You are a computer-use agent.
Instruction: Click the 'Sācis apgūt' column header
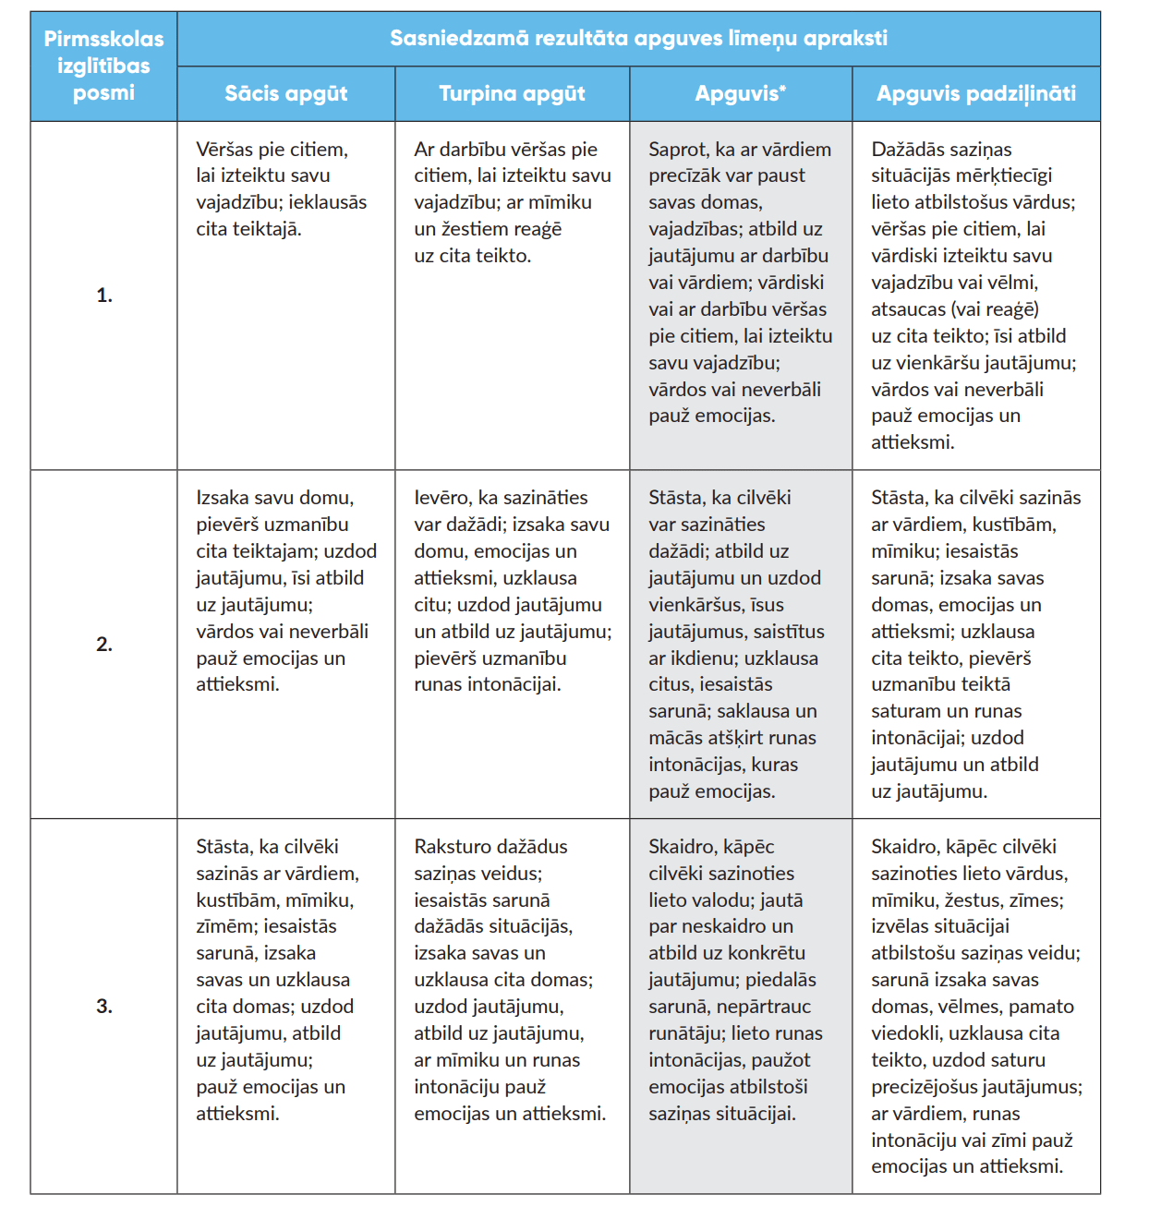pyautogui.click(x=286, y=93)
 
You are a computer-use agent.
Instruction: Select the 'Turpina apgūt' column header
pyautogui.click(x=512, y=93)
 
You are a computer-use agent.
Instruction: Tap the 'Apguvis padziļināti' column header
pyautogui.click(x=976, y=93)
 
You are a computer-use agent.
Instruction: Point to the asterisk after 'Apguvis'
pyautogui.click(x=782, y=89)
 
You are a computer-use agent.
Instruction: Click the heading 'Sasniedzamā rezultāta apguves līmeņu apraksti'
pyautogui.click(x=638, y=39)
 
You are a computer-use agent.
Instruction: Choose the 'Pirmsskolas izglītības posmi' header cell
pyautogui.click(x=103, y=66)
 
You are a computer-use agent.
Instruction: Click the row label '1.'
pyautogui.click(x=104, y=296)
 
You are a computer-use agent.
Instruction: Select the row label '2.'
pyautogui.click(x=104, y=645)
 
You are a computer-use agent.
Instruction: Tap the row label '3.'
pyautogui.click(x=104, y=1007)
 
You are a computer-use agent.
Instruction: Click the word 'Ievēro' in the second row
pyautogui.click(x=441, y=498)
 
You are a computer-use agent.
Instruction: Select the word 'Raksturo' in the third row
pyautogui.click(x=451, y=847)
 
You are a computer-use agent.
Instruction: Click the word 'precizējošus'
pyautogui.click(x=924, y=1087)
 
